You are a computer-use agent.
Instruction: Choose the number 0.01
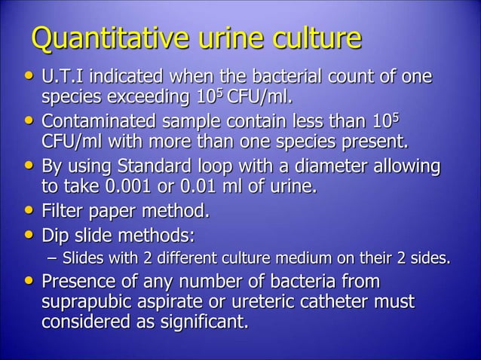click(198, 185)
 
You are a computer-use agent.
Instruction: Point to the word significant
click(202, 322)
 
